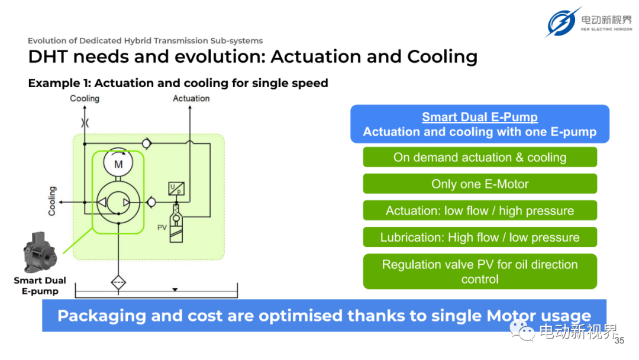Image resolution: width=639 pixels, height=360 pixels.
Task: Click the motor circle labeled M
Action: (118, 163)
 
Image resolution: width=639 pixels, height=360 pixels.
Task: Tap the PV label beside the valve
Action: (162, 227)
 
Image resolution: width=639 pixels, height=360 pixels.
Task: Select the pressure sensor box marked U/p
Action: (176, 188)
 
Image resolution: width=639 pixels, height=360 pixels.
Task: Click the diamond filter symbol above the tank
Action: (118, 282)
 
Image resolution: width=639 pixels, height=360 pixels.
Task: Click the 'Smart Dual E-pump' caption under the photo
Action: (40, 286)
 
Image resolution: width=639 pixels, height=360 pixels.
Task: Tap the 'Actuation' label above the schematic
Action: (191, 99)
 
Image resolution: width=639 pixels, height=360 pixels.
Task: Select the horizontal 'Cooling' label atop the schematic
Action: (85, 99)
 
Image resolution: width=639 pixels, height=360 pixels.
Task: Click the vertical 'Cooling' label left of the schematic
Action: (51, 201)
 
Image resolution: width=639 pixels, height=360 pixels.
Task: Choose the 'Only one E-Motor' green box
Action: (480, 184)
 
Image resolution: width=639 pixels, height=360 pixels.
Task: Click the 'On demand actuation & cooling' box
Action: (480, 157)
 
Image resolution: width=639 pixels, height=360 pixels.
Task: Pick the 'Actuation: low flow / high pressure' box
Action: (480, 210)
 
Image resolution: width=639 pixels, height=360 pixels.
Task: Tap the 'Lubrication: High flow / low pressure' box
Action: (480, 237)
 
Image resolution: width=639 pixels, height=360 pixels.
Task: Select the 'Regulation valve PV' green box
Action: (480, 272)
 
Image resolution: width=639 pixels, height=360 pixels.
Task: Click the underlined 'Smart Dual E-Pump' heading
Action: (480, 117)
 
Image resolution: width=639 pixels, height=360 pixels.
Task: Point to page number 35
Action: (619, 340)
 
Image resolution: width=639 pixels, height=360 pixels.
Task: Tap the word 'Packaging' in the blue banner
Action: (102, 316)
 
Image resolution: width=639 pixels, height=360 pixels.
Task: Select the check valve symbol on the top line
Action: (146, 143)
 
